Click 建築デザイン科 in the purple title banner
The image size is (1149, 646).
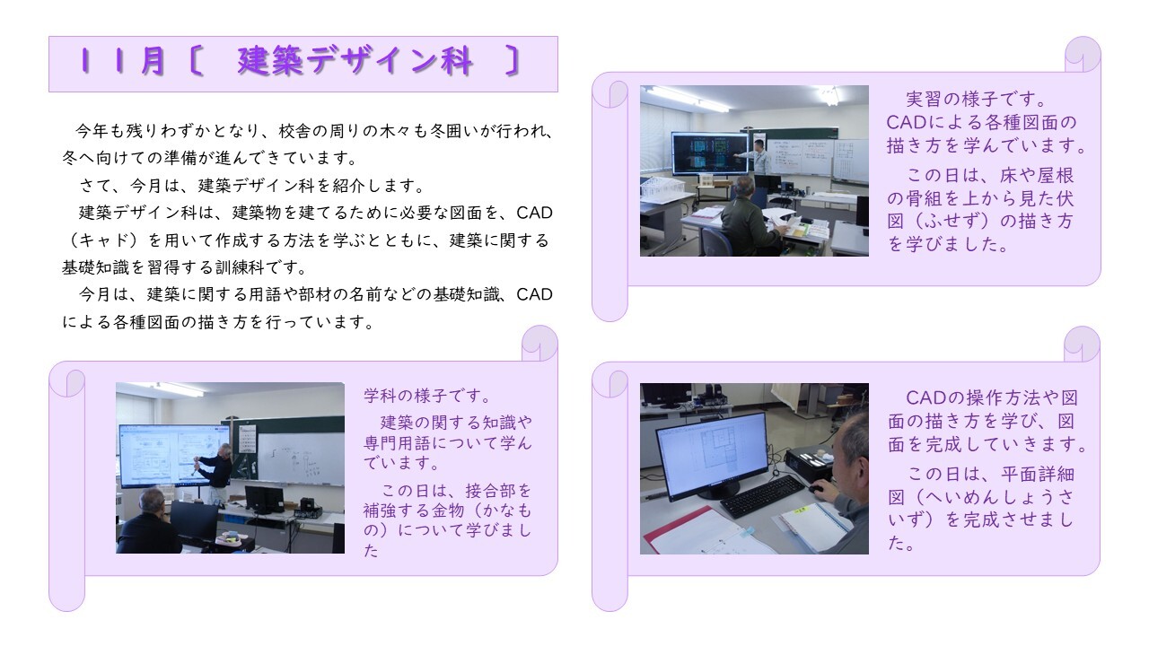tap(355, 62)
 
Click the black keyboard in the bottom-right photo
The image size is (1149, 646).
tap(763, 495)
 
